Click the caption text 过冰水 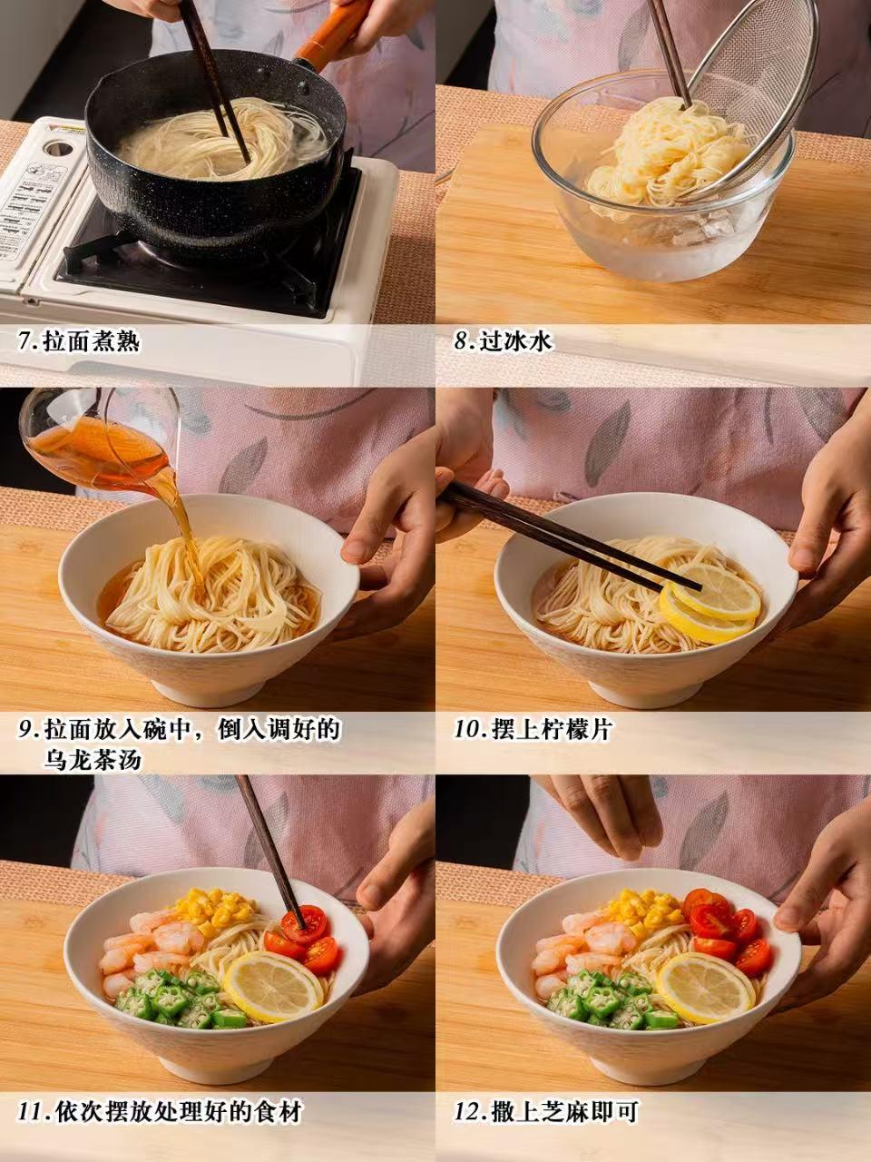pos(515,341)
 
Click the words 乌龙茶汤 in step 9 pos(93,760)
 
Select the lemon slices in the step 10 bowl pos(709,603)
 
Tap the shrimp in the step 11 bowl pos(148,951)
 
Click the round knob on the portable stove pos(59,148)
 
